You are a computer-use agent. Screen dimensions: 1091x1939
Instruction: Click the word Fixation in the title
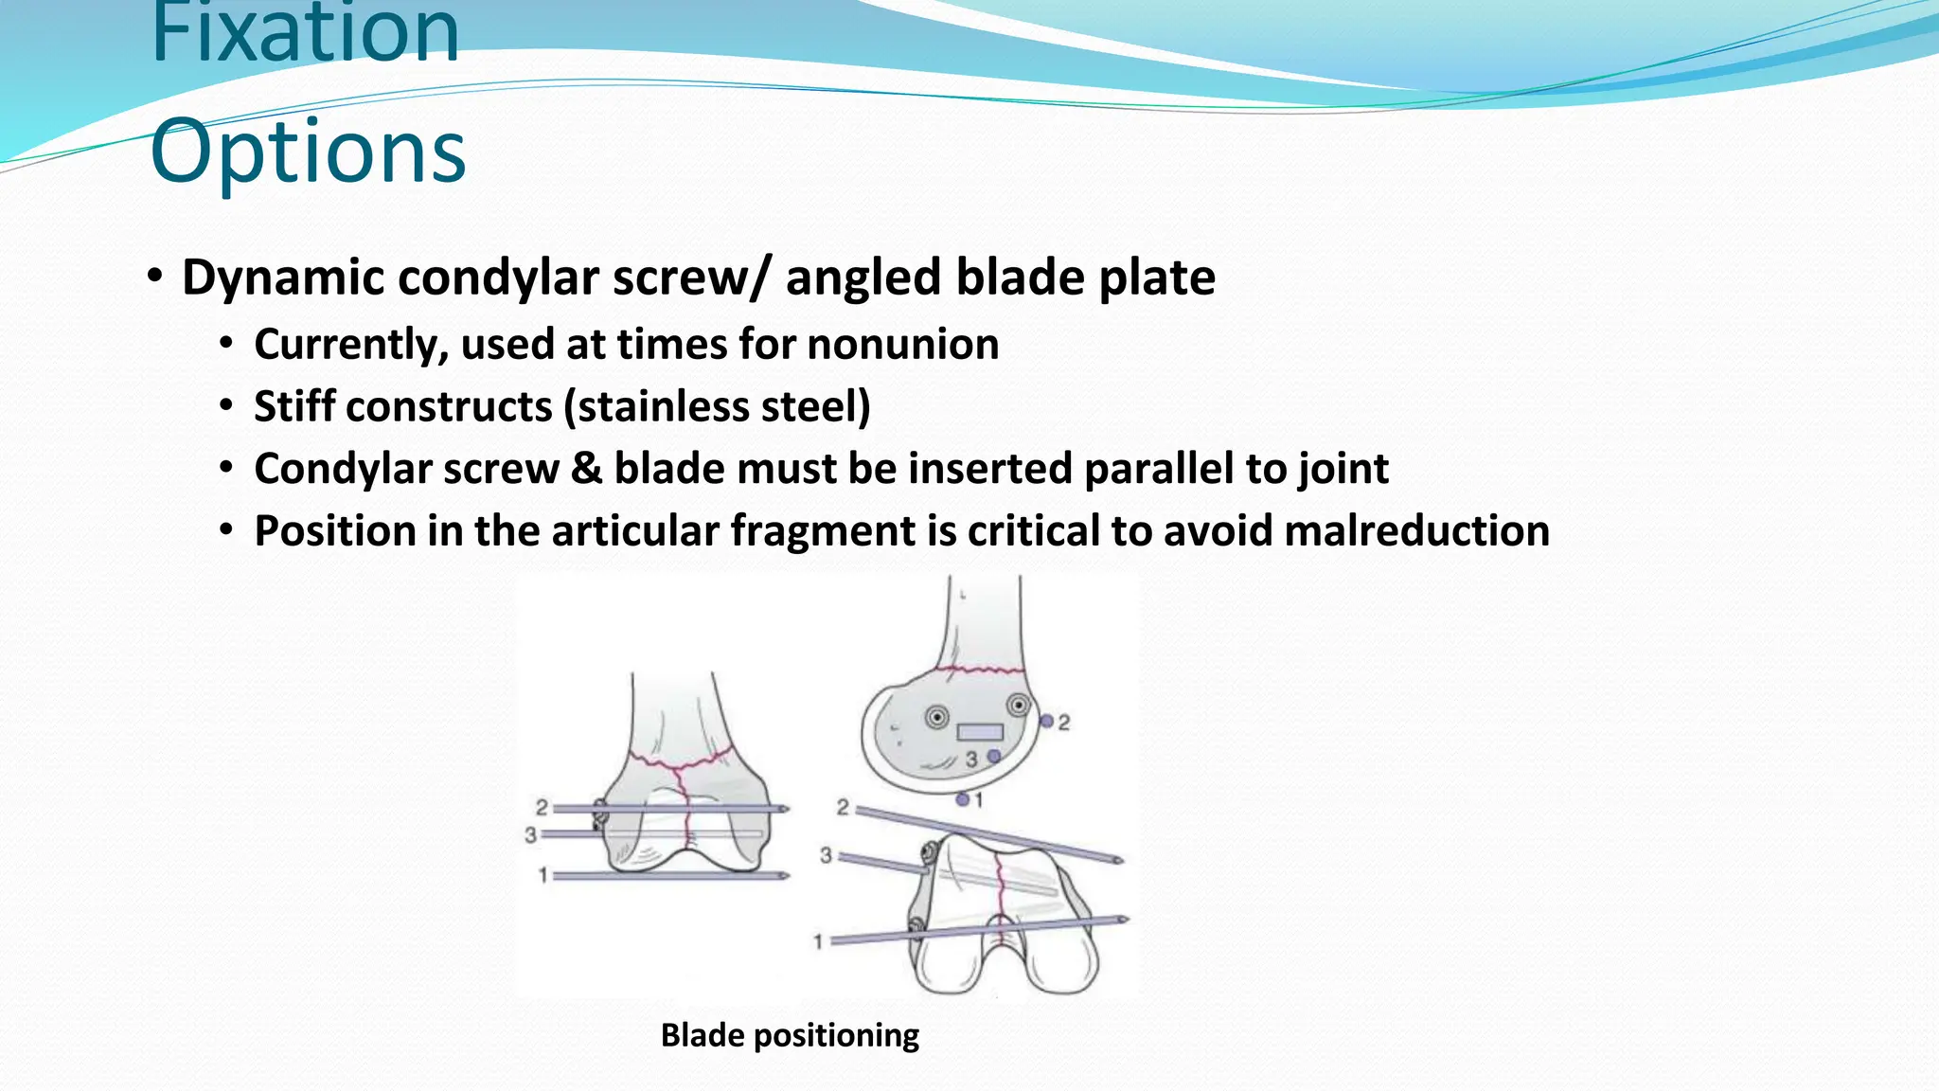tap(305, 33)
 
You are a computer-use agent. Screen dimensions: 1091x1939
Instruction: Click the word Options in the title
tap(308, 152)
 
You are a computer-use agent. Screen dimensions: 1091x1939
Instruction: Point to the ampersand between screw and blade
tap(586, 469)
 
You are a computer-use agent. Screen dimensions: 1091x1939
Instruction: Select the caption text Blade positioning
tap(790, 1035)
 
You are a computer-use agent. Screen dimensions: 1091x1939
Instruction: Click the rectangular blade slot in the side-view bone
tap(979, 732)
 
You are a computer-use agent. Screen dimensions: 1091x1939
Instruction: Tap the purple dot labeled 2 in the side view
tap(1046, 722)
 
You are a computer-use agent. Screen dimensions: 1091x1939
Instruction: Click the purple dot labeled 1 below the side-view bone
tap(962, 800)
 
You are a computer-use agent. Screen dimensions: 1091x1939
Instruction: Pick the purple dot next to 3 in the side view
tap(993, 756)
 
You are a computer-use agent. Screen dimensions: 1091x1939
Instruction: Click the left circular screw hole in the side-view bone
tap(936, 717)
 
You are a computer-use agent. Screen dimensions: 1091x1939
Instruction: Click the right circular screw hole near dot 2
tap(1018, 705)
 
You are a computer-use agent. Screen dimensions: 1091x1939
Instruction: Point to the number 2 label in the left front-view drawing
tap(542, 807)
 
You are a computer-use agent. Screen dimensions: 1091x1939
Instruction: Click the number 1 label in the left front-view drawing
tap(543, 876)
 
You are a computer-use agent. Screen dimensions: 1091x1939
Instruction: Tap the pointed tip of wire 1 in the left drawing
tap(785, 876)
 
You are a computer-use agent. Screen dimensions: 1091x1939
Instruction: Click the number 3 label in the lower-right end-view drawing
tap(826, 855)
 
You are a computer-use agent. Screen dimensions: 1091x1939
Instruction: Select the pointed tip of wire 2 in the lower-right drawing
tap(1119, 860)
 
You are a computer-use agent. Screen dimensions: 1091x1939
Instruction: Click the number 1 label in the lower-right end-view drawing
tap(818, 941)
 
